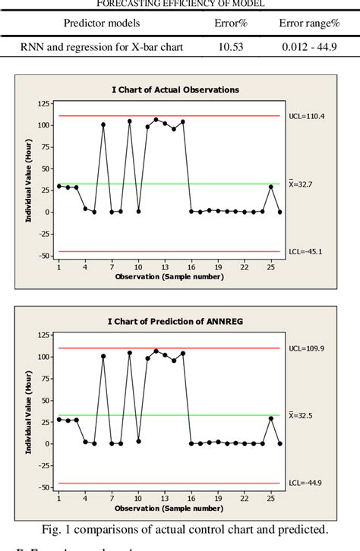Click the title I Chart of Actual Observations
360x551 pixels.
pyautogui.click(x=175, y=90)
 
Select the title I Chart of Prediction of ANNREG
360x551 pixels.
pyautogui.click(x=175, y=321)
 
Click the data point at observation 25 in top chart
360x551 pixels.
pyautogui.click(x=271, y=187)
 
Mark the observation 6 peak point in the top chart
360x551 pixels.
pyautogui.click(x=103, y=124)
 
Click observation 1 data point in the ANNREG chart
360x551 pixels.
pyautogui.click(x=59, y=419)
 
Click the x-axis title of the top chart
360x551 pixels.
pyautogui.click(x=169, y=276)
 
